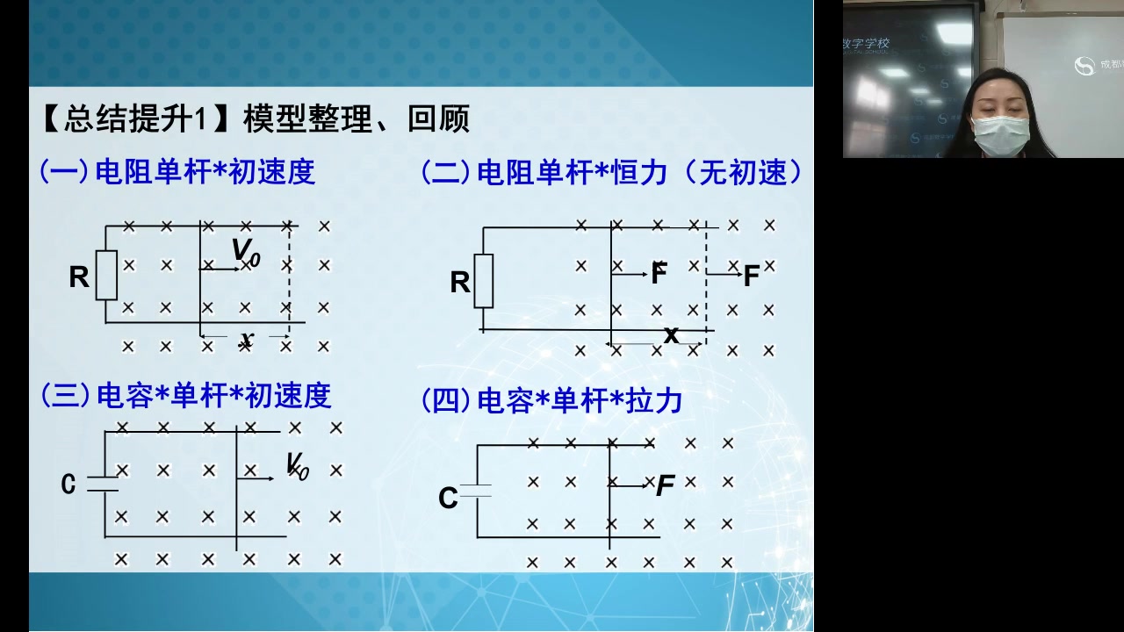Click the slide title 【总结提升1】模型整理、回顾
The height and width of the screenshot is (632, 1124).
pyautogui.click(x=255, y=118)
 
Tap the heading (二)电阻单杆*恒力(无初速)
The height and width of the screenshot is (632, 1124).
pyautogui.click(x=612, y=172)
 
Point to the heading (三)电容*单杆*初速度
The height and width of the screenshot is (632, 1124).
pyautogui.click(x=186, y=396)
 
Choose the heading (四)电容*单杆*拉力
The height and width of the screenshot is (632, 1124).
pyautogui.click(x=552, y=401)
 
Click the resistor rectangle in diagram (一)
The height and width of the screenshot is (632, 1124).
pyautogui.click(x=106, y=275)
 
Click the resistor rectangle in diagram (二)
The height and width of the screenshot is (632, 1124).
pyautogui.click(x=484, y=281)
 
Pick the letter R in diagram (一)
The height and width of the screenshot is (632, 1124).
pyautogui.click(x=79, y=277)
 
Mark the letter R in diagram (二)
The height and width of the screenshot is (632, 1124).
pyautogui.click(x=459, y=283)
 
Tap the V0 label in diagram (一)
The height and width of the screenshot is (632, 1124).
pyautogui.click(x=247, y=252)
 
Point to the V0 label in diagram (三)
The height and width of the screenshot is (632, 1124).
pyautogui.click(x=298, y=466)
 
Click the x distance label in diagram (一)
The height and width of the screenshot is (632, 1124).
pyautogui.click(x=247, y=339)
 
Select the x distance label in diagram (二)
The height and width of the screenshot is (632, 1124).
pyautogui.click(x=671, y=334)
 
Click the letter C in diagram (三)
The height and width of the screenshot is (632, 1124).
pyautogui.click(x=68, y=484)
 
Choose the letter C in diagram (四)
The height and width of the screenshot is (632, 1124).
pyautogui.click(x=448, y=499)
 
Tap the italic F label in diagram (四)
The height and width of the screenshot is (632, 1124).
pyautogui.click(x=666, y=485)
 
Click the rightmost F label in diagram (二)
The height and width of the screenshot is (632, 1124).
pyautogui.click(x=752, y=276)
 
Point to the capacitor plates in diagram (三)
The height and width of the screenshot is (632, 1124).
pyautogui.click(x=104, y=484)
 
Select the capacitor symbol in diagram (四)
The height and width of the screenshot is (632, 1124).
pyautogui.click(x=477, y=491)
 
